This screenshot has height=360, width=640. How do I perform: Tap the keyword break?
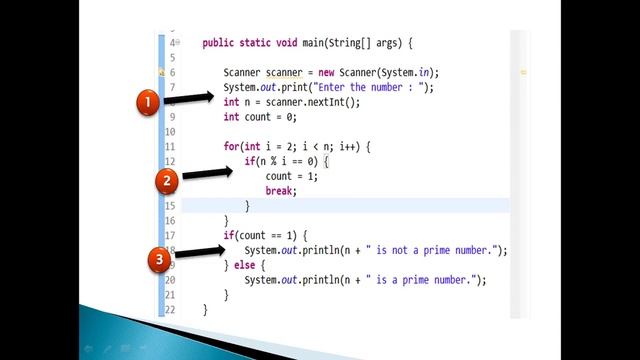point(281,190)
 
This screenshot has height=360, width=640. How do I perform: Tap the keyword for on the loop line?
point(231,146)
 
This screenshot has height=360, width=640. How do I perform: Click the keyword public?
point(219,43)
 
